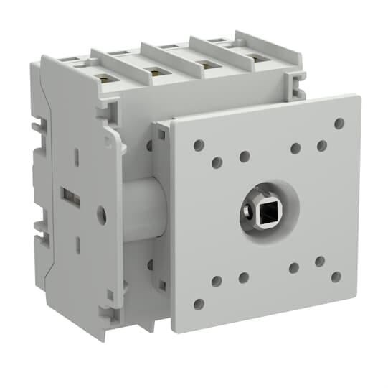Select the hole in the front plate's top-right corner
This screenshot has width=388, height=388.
tap(339, 123)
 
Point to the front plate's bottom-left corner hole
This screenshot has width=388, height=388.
tap(199, 304)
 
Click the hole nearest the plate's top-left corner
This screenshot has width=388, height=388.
tap(199, 145)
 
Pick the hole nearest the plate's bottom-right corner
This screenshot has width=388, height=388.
tap(336, 277)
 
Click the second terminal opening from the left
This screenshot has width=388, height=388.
tap(152, 70)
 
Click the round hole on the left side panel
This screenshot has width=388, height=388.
tap(101, 213)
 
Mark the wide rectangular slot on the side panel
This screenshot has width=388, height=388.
tap(70, 195)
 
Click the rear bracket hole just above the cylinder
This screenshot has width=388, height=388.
tap(149, 146)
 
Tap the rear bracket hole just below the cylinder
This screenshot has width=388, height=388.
tap(149, 265)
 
